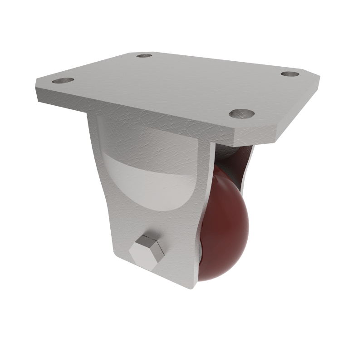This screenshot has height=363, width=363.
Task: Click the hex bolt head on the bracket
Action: point(147,251)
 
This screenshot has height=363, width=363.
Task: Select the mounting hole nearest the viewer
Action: point(241,113)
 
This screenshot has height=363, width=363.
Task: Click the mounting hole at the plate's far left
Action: point(63,81)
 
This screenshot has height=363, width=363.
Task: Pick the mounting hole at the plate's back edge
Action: point(144,55)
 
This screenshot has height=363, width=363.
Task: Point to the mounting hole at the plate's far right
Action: point(289,74)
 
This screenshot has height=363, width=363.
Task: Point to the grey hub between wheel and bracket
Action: point(200,247)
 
